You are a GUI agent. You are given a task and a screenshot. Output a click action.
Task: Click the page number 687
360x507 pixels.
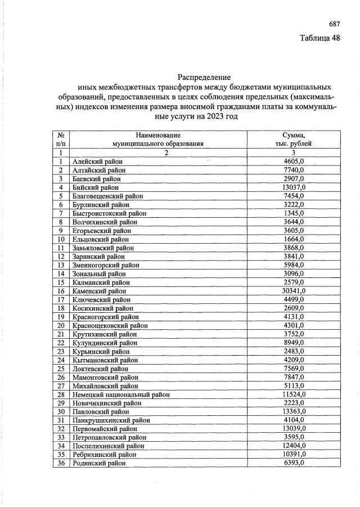(335, 24)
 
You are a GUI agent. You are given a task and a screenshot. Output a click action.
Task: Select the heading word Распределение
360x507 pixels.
(204, 76)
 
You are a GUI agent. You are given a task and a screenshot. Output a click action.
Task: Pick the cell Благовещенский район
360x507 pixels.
(108, 196)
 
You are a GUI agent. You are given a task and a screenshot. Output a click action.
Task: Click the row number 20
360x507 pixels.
(61, 325)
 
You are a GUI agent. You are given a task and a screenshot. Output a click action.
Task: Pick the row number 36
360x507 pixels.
(61, 463)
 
